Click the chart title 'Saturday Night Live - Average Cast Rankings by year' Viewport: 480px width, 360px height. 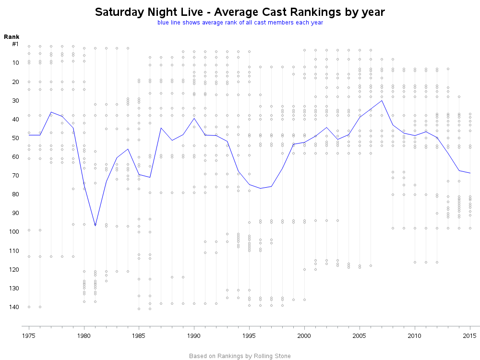pyautogui.click(x=240, y=12)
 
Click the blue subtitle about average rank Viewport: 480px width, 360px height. pyautogui.click(x=240, y=23)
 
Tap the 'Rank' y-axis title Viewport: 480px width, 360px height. pyautogui.click(x=11, y=37)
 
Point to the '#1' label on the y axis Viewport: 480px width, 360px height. pyautogui.click(x=15, y=44)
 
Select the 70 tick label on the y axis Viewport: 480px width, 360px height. pyautogui.click(x=15, y=175)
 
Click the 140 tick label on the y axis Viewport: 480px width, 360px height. pyautogui.click(x=13, y=307)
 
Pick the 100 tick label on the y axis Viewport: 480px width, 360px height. pyautogui.click(x=13, y=232)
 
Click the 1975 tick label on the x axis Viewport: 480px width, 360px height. pyautogui.click(x=29, y=335)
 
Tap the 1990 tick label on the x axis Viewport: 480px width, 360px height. pyautogui.click(x=194, y=335)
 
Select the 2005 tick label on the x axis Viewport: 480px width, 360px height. pyautogui.click(x=360, y=335)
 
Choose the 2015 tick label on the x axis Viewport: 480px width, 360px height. pyautogui.click(x=470, y=335)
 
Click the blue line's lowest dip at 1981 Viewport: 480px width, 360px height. pyautogui.click(x=95, y=226)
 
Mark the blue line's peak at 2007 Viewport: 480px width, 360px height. pyautogui.click(x=382, y=100)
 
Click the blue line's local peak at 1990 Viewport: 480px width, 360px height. pyautogui.click(x=194, y=118)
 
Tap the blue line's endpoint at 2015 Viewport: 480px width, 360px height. pyautogui.click(x=470, y=173)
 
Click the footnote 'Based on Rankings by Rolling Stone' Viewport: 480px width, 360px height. pyautogui.click(x=240, y=356)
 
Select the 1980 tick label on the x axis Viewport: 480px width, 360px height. pyautogui.click(x=84, y=335)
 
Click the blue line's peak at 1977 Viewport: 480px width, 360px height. pyautogui.click(x=51, y=112)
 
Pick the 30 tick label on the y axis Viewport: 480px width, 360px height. pyautogui.click(x=15, y=100)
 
